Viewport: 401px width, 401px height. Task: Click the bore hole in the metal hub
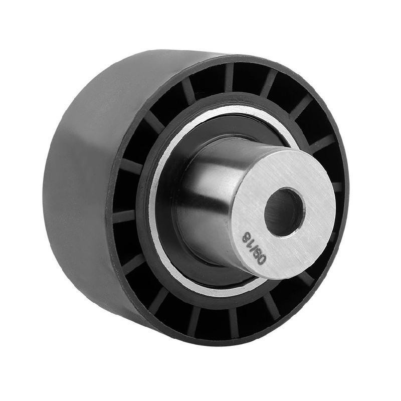point(285,212)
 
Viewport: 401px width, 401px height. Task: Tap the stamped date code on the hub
point(254,248)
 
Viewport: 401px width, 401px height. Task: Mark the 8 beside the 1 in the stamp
point(246,237)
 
